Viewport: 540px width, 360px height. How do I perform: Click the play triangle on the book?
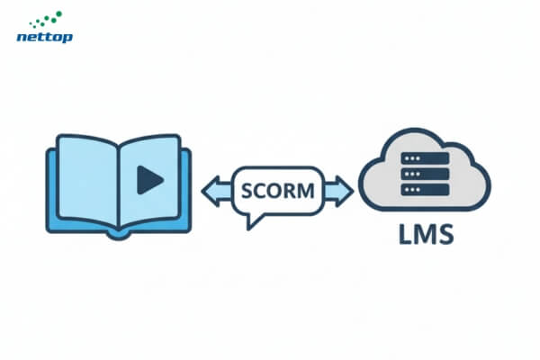pos(149,181)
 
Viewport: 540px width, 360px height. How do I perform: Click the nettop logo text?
pos(45,37)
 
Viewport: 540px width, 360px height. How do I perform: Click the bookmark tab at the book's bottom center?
pos(119,233)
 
